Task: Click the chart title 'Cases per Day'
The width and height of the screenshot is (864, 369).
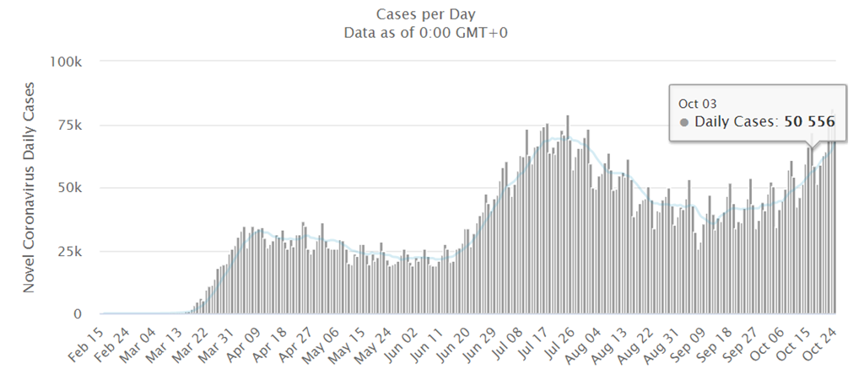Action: point(432,14)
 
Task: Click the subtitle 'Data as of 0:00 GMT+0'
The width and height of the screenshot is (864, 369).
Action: point(432,33)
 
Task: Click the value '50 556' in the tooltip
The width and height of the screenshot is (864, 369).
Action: point(807,123)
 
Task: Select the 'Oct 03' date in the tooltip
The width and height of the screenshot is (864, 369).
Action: point(696,103)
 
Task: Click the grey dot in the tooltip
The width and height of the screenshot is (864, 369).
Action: point(683,123)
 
